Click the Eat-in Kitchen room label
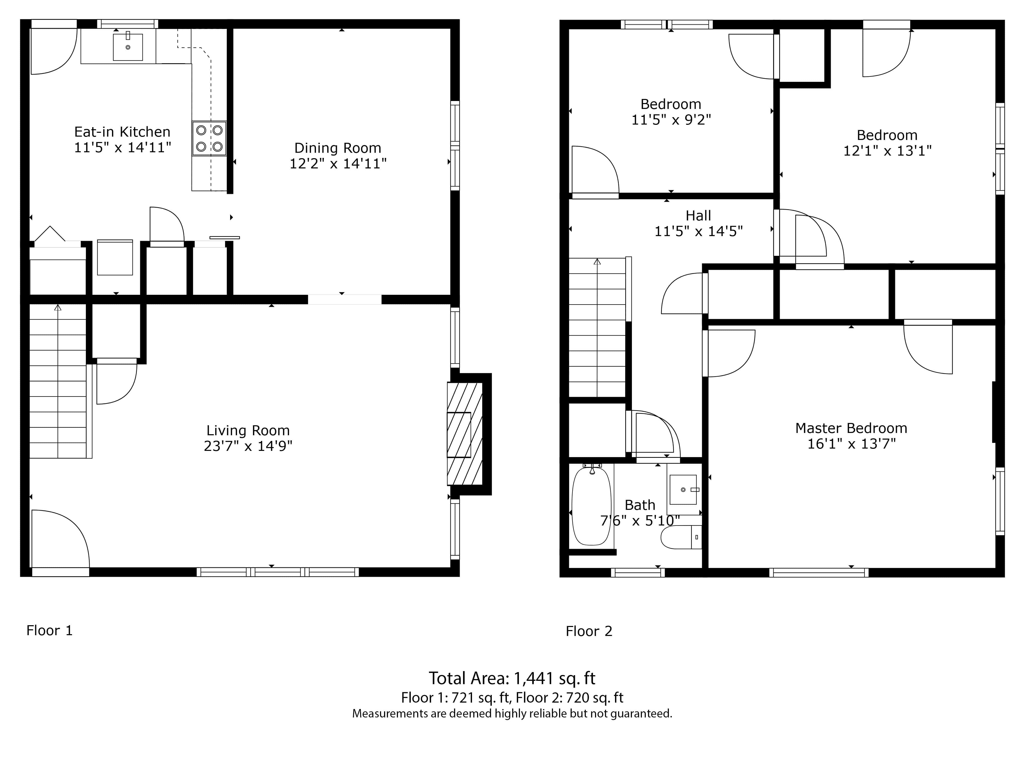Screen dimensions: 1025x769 click(122, 132)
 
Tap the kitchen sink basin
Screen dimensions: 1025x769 click(128, 47)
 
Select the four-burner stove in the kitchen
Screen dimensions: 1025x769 click(209, 138)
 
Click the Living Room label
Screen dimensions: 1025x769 click(248, 431)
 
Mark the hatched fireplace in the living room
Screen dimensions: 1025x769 click(465, 433)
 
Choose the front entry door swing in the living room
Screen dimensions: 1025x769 click(60, 539)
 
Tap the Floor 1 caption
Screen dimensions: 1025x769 click(49, 630)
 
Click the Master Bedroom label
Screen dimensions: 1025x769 click(851, 428)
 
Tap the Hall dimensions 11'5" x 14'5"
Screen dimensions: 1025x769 click(698, 231)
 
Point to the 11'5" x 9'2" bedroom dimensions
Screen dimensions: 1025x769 click(671, 120)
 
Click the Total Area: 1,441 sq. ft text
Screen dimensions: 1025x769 click(512, 679)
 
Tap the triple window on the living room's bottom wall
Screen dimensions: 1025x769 click(278, 572)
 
